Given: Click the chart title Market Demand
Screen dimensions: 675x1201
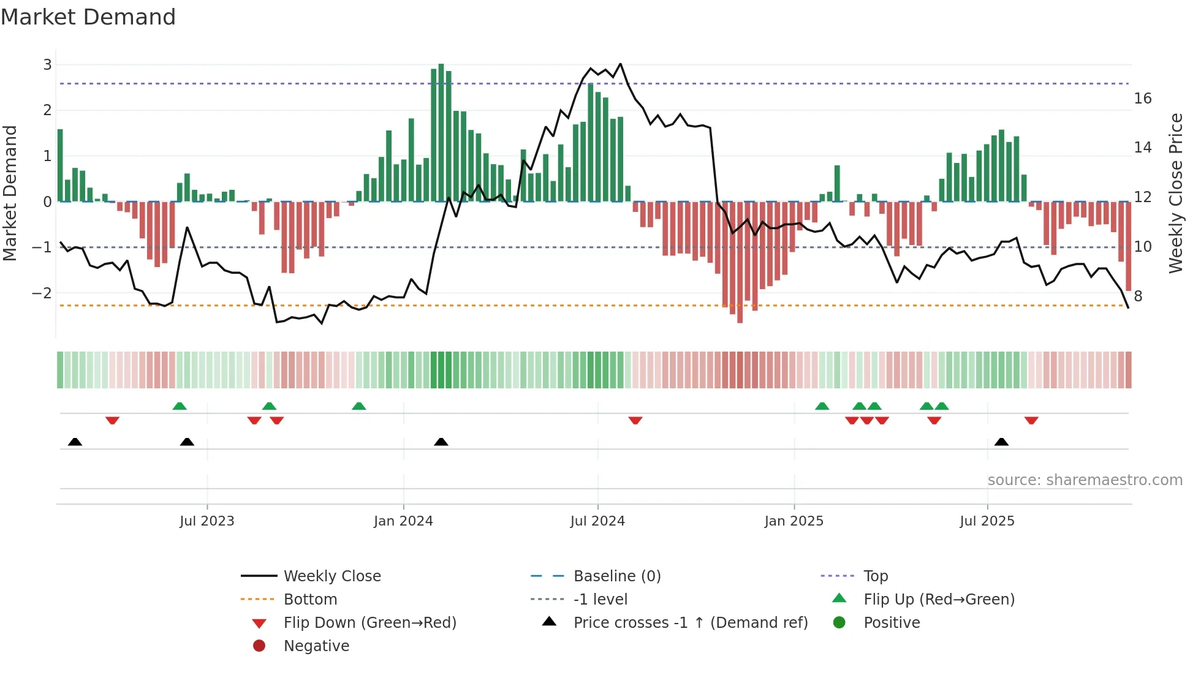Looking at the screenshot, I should pos(88,17).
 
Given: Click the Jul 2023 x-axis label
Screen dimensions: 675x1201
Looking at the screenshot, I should pos(206,521).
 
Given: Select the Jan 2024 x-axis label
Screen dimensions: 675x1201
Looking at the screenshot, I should pos(403,521).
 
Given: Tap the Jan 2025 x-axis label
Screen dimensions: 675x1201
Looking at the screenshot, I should pos(794,521).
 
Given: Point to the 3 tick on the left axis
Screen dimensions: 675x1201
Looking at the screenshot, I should pos(47,64).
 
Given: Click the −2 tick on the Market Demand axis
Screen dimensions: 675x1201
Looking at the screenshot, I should pos(42,293).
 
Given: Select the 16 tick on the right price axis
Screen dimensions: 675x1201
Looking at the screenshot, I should pos(1142,99).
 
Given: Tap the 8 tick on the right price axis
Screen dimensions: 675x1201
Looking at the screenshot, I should pos(1138,296).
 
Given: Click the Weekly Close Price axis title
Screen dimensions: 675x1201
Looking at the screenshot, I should pos(1175,193).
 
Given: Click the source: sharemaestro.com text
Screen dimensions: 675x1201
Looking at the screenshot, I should pos(1085,480).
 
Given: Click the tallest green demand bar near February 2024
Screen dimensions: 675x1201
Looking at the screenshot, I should pos(441,132).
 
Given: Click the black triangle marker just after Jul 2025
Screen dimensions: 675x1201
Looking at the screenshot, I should pos(1001,442).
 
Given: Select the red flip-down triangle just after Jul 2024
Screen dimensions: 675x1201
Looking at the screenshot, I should pos(635,420).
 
